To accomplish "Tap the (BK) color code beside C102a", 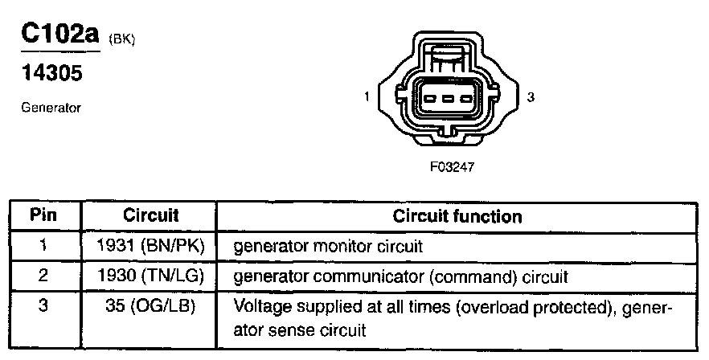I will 120,40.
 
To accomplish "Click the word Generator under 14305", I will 51,108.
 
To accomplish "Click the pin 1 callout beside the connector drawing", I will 367,97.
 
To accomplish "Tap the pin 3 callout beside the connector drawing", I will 531,97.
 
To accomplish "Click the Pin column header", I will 43,216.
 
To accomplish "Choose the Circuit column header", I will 150,216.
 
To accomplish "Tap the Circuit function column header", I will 457,216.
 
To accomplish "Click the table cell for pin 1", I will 43,245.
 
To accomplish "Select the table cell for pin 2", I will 43,276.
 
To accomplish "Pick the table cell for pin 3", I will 43,306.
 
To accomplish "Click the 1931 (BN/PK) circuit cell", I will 150,245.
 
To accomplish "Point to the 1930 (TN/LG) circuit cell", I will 150,276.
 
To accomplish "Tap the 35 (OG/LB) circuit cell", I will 150,306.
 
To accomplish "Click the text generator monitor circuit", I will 327,246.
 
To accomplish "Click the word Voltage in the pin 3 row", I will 257,307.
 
